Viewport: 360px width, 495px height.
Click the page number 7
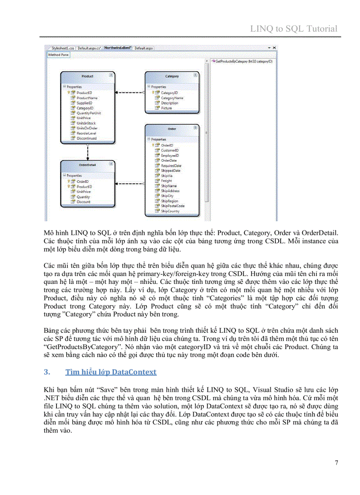coord(337,462)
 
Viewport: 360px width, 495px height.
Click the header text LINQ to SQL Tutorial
coord(294,29)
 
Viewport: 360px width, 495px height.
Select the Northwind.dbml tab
coord(118,47)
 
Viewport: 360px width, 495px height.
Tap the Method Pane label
coord(58,55)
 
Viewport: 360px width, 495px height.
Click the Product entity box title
coord(87,76)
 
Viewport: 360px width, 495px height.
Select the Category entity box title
coord(172,76)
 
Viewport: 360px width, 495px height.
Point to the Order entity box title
coord(172,129)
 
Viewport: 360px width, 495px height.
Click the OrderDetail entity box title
coord(87,165)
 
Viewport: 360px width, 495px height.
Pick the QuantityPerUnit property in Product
coord(89,113)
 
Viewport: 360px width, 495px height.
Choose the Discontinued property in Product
coord(86,138)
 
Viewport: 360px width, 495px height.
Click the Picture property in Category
coord(166,108)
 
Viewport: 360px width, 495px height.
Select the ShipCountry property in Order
coord(170,211)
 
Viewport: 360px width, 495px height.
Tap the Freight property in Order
coord(166,181)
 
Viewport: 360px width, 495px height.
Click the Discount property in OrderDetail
coord(83,202)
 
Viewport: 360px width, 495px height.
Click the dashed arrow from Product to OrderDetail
coord(88,152)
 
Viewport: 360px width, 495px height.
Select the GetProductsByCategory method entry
coord(243,61)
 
